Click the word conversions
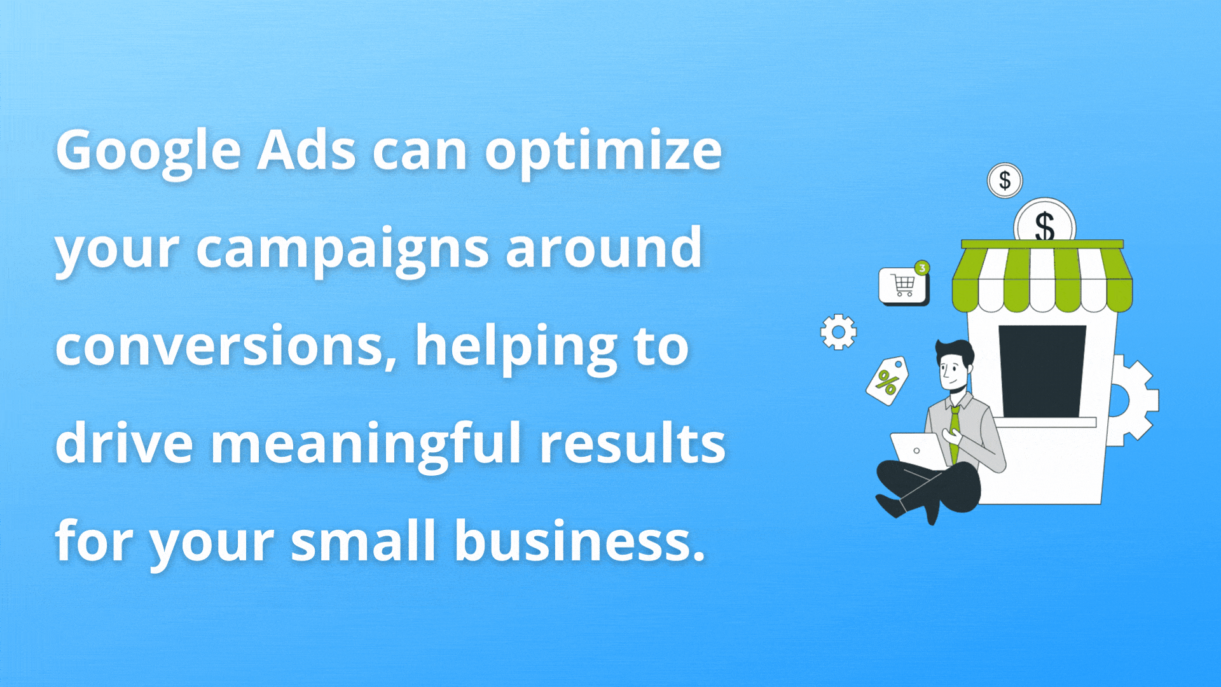[x=226, y=347]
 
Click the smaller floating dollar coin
[x=1005, y=181]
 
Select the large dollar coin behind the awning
[x=1044, y=221]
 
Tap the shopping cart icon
[x=903, y=286]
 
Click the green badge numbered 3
[x=922, y=268]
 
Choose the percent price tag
[x=886, y=380]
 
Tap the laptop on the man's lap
[x=918, y=450]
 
